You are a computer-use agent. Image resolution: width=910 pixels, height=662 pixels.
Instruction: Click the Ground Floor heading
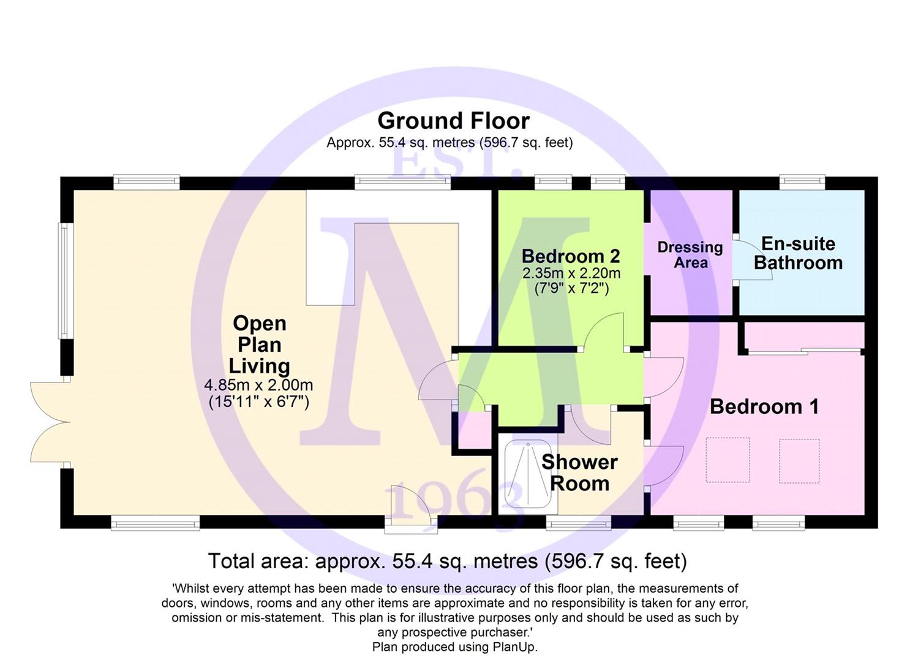click(x=453, y=121)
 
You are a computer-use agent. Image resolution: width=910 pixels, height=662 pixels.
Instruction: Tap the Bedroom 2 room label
click(x=571, y=256)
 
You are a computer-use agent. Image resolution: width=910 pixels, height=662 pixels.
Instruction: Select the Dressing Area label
click(x=690, y=255)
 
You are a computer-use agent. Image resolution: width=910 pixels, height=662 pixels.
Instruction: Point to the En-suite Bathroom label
click(x=799, y=253)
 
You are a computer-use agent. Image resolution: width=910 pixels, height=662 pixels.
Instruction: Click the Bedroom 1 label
click(x=764, y=406)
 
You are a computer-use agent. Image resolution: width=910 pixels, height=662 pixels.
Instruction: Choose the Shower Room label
click(x=579, y=473)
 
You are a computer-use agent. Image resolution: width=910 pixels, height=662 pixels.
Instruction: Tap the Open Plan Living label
click(x=259, y=344)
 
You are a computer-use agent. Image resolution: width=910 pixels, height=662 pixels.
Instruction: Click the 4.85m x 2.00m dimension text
click(x=259, y=384)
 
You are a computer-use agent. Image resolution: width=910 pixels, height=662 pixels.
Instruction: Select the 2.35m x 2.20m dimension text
click(x=571, y=273)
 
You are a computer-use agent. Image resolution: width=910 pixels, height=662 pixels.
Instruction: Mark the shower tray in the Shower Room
click(x=528, y=476)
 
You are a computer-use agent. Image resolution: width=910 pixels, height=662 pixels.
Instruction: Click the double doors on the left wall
click(x=51, y=422)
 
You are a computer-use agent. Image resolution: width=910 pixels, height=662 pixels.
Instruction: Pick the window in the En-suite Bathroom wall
click(x=802, y=183)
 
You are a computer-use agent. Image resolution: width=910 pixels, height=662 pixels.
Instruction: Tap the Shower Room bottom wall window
click(x=579, y=522)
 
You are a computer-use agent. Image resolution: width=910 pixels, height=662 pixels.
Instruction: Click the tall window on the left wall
click(x=64, y=281)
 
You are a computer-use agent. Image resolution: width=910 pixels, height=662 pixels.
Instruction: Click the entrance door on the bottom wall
click(x=411, y=508)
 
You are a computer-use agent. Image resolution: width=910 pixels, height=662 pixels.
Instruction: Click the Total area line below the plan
click(x=447, y=561)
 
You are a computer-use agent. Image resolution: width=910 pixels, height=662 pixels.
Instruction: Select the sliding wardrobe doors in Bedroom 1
click(x=805, y=351)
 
